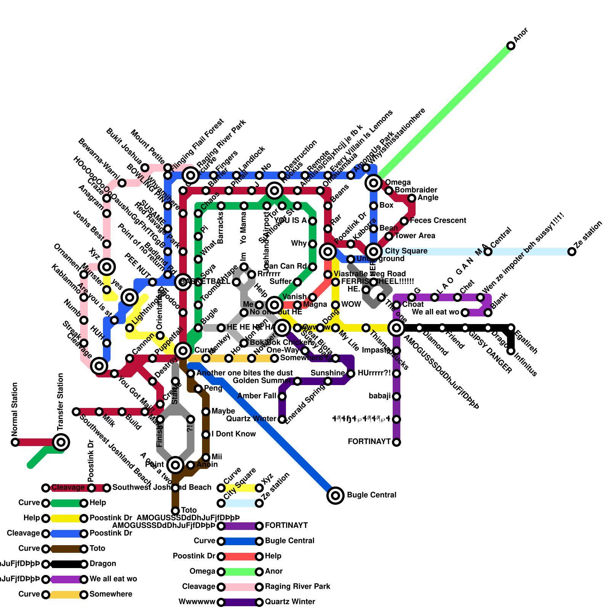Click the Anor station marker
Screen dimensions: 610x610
511,46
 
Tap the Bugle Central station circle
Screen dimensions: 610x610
335,495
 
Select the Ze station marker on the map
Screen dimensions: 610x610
571,252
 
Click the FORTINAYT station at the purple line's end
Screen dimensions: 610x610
396,442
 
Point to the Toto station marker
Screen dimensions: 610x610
175,510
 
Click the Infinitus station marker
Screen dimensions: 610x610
511,351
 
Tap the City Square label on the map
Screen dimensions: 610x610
406,251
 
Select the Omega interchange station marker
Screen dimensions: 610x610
374,183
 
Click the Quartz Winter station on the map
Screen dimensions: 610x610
282,419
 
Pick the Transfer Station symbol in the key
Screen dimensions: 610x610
61,442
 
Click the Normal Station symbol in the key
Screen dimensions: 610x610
15,442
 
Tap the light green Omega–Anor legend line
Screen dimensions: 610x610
240,571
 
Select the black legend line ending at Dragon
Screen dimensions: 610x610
65,564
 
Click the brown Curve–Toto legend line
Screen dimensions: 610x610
65,549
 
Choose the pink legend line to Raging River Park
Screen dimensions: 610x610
240,587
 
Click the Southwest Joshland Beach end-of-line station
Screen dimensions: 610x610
76,412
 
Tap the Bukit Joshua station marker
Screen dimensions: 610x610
145,168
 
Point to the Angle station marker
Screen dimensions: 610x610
412,198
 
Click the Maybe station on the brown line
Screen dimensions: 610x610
206,412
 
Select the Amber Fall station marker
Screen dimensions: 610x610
282,396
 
